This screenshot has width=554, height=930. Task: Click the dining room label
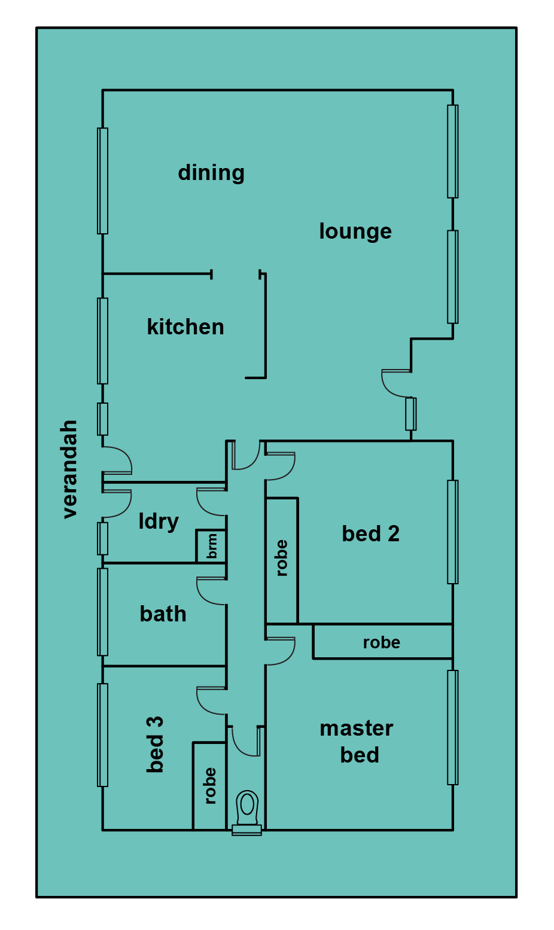[211, 173]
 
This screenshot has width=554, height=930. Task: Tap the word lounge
[355, 231]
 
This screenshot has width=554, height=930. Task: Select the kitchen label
[185, 327]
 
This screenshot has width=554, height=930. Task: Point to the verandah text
[69, 469]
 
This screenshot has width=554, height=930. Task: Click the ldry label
[159, 522]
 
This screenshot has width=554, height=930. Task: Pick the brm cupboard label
[212, 546]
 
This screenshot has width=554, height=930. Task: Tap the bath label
[163, 614]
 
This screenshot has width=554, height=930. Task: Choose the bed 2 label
[370, 533]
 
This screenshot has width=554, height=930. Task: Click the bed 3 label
[155, 745]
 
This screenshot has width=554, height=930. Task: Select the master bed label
[357, 742]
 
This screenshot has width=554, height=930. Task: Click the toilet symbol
[246, 812]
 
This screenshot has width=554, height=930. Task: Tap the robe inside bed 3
[210, 786]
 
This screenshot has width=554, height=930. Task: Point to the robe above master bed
[382, 642]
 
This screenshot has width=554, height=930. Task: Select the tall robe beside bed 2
[282, 558]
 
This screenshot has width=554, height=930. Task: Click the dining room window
[102, 181]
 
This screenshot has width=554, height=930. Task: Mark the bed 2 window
[453, 532]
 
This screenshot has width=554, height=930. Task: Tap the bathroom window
[102, 612]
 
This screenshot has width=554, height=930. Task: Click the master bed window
[453, 727]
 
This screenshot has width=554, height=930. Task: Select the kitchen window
[102, 341]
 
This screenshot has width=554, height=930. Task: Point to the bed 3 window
[102, 735]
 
